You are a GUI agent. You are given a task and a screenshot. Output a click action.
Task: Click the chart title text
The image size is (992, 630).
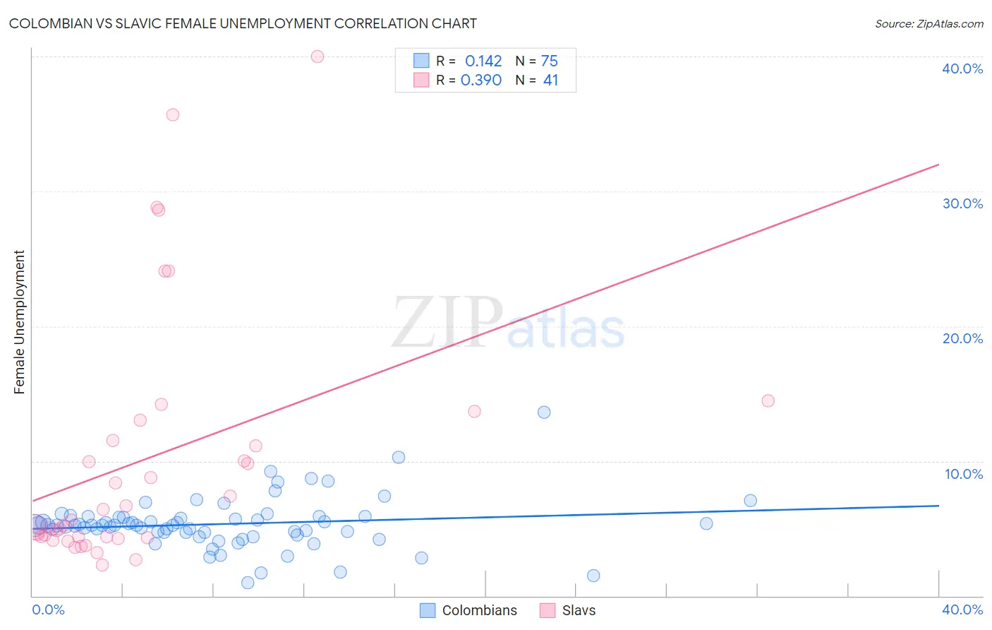(243, 23)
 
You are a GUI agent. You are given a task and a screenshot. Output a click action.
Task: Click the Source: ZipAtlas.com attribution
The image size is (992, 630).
(929, 23)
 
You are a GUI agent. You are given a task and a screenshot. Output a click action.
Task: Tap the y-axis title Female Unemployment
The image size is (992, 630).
(19, 322)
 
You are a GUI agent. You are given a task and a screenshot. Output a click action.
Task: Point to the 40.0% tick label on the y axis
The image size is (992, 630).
(962, 69)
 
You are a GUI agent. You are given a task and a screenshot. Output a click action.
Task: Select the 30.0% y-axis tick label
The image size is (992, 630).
(962, 203)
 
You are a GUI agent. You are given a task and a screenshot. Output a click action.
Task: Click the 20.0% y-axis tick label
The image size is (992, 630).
(962, 338)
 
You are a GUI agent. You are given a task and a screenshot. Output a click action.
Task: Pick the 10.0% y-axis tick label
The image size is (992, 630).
(964, 474)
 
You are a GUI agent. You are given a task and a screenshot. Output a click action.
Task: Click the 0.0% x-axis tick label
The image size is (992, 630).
(48, 610)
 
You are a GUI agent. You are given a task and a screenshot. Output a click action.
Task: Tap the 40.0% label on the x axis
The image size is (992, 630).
(962, 610)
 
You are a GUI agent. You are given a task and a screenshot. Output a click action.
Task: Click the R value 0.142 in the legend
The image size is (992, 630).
(483, 61)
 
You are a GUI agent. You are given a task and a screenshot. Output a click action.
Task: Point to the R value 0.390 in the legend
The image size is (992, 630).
(481, 81)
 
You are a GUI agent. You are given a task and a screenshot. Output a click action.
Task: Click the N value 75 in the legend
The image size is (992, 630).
(550, 61)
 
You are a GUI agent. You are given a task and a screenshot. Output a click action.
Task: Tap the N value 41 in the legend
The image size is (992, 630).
(550, 81)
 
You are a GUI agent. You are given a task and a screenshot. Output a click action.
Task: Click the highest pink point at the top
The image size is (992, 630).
(317, 57)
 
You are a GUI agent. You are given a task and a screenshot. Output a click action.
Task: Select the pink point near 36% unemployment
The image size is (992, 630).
(173, 114)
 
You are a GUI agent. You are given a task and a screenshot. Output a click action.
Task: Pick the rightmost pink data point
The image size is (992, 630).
(768, 400)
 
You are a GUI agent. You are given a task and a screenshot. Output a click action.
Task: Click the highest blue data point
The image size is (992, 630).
(544, 412)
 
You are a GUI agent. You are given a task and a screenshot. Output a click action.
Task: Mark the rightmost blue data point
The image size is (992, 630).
(751, 501)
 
